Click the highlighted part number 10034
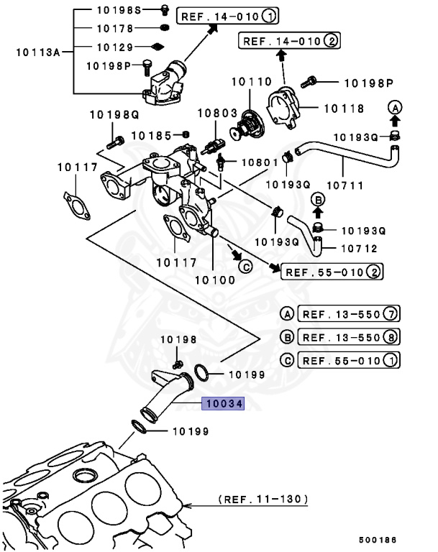click(x=223, y=404)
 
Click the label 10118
click(x=344, y=109)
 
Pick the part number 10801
click(x=258, y=162)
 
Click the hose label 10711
click(x=344, y=185)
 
